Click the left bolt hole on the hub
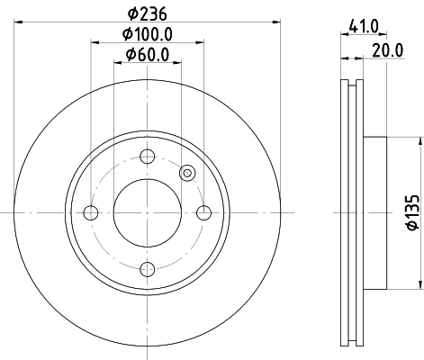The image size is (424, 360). [x=90, y=212]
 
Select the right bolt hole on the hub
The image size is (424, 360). [x=205, y=212]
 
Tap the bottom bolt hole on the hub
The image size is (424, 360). [x=148, y=269]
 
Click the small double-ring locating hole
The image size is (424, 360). [x=187, y=173]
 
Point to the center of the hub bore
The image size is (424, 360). [x=148, y=212]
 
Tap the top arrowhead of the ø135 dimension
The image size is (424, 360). [x=419, y=140]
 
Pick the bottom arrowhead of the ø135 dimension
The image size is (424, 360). [x=419, y=283]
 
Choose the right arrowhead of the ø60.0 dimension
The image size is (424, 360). [x=179, y=63]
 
